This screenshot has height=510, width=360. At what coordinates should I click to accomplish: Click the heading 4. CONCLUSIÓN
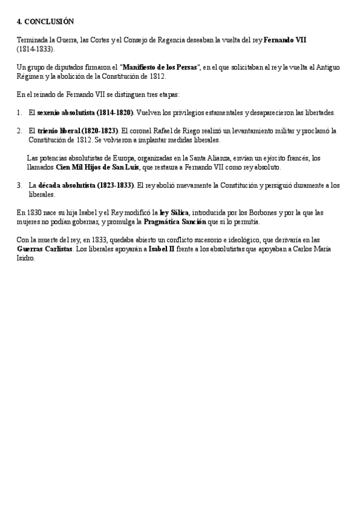click(45, 22)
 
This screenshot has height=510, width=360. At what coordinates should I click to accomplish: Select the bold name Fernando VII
click(285, 40)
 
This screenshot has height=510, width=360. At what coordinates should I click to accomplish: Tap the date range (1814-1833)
click(35, 49)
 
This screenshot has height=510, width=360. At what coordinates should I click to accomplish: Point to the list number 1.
click(20, 112)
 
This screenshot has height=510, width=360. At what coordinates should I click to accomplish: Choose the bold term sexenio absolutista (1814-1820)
click(85, 112)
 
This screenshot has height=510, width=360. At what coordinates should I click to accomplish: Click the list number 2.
click(20, 131)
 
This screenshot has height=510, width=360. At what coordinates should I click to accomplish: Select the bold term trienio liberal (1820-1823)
click(78, 131)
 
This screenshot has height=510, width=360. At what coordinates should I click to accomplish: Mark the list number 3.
click(20, 185)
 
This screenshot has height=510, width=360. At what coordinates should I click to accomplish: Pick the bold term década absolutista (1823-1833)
click(86, 185)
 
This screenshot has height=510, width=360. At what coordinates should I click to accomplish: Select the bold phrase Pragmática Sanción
click(179, 222)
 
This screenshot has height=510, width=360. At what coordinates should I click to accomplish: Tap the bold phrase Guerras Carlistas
click(44, 249)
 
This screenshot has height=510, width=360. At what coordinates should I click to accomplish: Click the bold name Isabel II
click(163, 249)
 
